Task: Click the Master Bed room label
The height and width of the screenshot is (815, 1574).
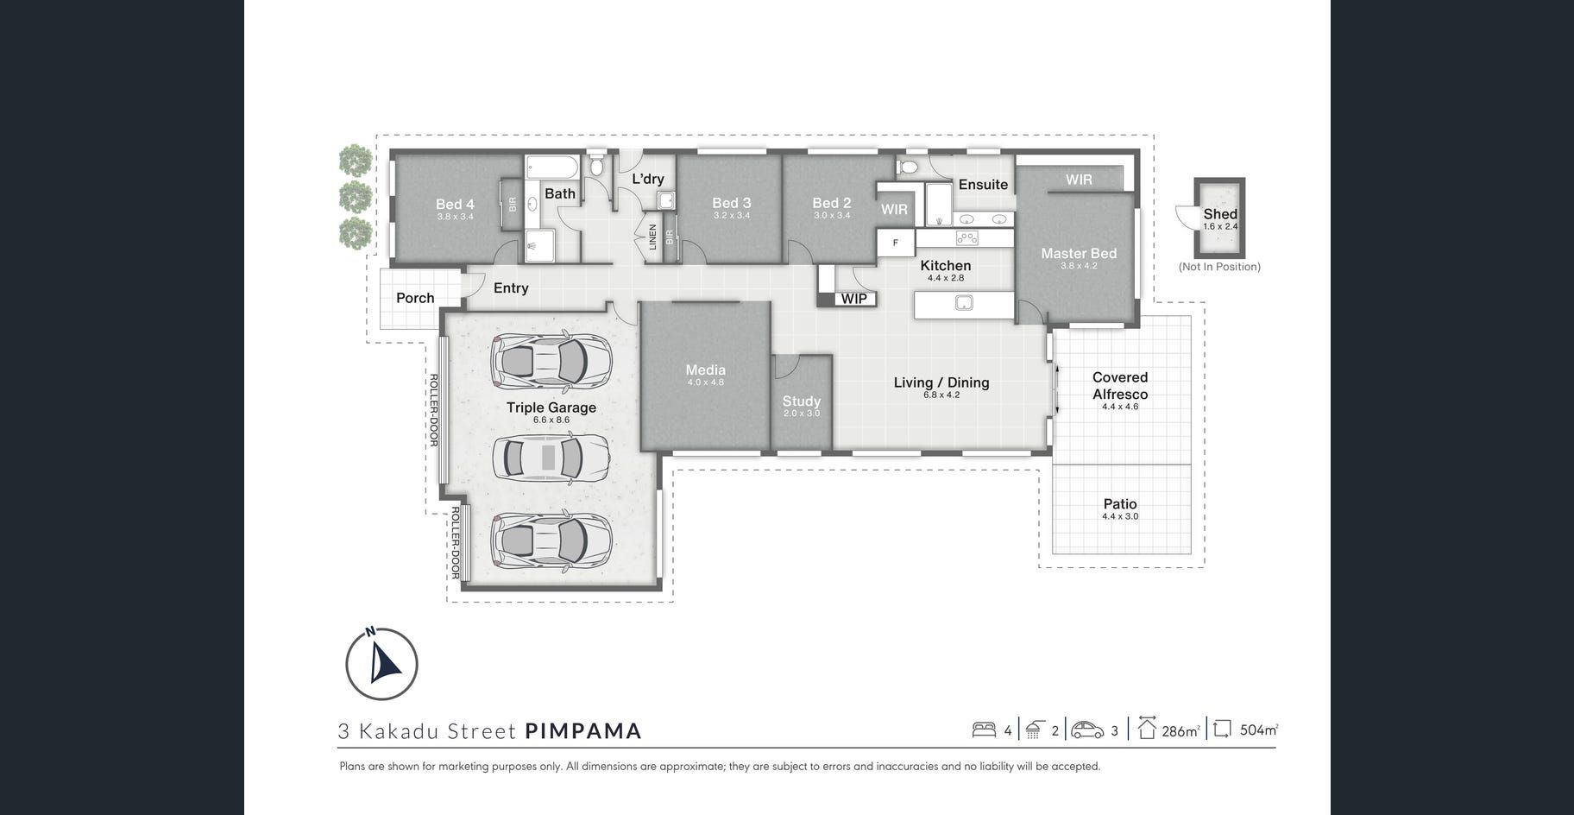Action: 1079,253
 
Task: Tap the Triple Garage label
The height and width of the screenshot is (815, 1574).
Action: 551,407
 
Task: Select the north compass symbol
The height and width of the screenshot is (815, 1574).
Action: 381,664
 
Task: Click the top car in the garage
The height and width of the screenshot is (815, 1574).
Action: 551,360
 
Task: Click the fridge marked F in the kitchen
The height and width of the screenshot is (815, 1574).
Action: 896,243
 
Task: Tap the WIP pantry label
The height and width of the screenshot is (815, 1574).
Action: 853,299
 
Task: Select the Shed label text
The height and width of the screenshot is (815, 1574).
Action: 1220,213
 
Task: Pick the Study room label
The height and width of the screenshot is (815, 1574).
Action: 802,401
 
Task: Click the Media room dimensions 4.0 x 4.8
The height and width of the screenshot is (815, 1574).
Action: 706,382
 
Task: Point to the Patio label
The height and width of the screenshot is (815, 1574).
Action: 1120,503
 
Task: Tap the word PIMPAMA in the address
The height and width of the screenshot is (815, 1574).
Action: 583,731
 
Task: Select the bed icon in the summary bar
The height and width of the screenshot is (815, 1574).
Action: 984,730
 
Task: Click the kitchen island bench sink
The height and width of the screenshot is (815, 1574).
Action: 964,302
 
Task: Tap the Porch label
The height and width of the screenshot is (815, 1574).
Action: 415,298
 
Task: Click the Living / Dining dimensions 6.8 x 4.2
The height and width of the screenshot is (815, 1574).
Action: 941,395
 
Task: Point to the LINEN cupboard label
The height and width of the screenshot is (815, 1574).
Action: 653,237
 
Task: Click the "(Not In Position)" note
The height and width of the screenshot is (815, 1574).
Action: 1219,267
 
